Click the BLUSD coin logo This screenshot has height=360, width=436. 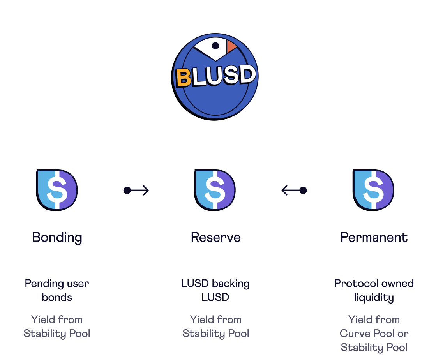215,77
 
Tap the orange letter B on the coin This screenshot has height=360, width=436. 184,78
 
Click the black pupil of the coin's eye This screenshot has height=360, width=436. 215,46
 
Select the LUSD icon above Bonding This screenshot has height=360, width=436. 57,190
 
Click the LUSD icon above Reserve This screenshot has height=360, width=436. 215,190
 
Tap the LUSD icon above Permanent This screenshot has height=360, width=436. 373,190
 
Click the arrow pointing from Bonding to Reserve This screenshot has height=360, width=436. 136,190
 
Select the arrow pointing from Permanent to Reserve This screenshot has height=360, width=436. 294,190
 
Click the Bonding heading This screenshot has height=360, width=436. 57,237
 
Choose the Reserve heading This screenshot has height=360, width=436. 215,237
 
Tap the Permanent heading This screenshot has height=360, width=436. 374,237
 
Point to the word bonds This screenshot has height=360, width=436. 57,298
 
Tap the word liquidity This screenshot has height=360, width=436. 374,298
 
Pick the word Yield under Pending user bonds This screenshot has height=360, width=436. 41,320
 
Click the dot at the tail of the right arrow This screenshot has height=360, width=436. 303,190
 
